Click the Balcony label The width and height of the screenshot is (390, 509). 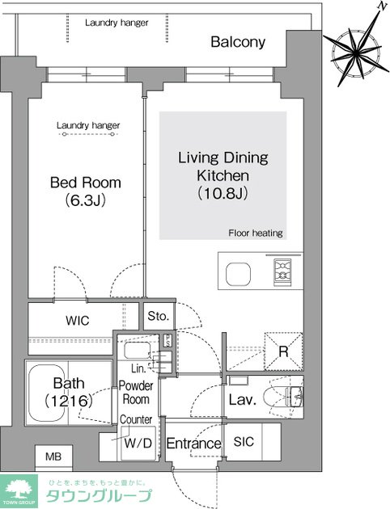[238, 42]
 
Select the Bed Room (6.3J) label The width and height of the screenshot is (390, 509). [86, 191]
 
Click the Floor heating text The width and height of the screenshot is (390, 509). [256, 233]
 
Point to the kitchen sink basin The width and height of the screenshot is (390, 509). [238, 274]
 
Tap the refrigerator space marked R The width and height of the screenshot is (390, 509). [283, 351]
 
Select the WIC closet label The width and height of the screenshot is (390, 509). [78, 321]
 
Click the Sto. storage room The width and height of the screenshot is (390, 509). [159, 316]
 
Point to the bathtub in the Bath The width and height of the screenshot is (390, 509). [47, 392]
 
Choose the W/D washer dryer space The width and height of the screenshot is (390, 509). [138, 443]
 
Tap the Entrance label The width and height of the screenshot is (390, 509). [193, 444]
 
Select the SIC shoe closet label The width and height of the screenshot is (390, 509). [244, 441]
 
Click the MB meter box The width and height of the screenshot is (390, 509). [53, 457]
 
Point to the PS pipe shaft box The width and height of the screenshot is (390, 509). [167, 340]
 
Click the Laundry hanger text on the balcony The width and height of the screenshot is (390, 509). [117, 23]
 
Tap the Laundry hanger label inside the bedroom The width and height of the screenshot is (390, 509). [88, 125]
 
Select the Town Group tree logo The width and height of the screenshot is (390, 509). [19, 491]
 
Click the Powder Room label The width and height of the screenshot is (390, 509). [136, 393]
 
